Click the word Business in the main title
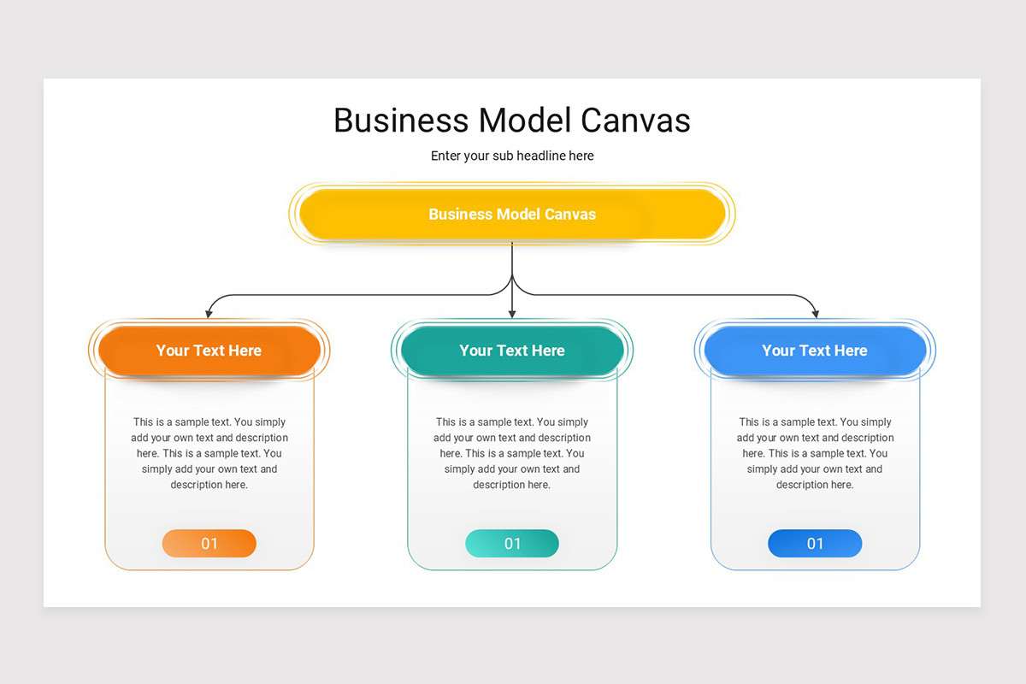click(401, 121)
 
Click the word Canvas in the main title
click(635, 121)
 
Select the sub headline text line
click(512, 156)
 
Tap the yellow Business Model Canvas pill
click(512, 214)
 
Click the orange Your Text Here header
click(209, 351)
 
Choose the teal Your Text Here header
click(512, 351)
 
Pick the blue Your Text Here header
click(815, 351)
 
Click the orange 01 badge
click(209, 543)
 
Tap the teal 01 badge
click(512, 543)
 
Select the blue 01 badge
click(815, 543)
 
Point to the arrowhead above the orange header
click(209, 315)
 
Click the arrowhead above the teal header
click(512, 315)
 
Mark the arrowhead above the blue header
click(816, 315)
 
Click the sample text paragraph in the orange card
click(209, 453)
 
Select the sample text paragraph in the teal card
click(512, 453)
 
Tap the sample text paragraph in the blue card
click(815, 453)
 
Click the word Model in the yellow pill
click(518, 214)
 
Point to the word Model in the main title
click(525, 121)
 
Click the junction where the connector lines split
click(512, 276)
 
